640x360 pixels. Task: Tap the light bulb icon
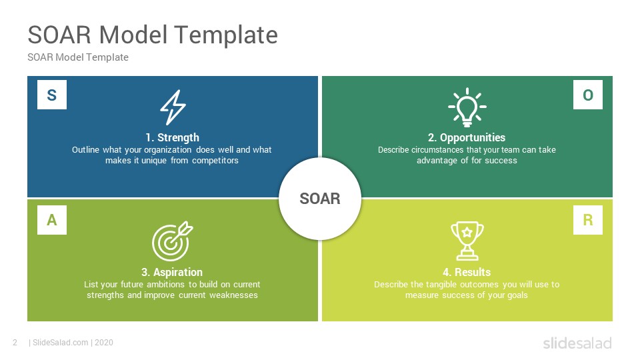[x=467, y=107]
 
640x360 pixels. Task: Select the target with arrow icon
[x=172, y=241]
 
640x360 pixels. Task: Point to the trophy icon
[x=467, y=241]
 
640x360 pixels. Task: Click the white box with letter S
[x=52, y=95]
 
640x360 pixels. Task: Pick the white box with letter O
[x=588, y=95]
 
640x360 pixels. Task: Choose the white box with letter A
[x=52, y=219]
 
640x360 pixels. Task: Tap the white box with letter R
[x=588, y=219]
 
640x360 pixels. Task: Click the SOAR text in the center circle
[x=320, y=199]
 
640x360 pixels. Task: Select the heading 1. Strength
[x=172, y=137]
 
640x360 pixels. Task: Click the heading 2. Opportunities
[x=467, y=137]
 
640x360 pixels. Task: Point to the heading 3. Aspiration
[x=172, y=272]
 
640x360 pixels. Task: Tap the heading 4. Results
[x=467, y=272]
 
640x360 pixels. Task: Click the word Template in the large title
[x=227, y=35]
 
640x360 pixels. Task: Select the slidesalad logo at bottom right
[x=577, y=343]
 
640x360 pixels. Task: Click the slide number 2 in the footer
[x=15, y=343]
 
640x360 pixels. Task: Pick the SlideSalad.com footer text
[x=61, y=343]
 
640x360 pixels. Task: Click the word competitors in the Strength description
[x=215, y=161]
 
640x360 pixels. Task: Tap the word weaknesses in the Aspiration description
[x=233, y=295]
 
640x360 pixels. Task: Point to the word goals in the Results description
[x=517, y=295]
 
